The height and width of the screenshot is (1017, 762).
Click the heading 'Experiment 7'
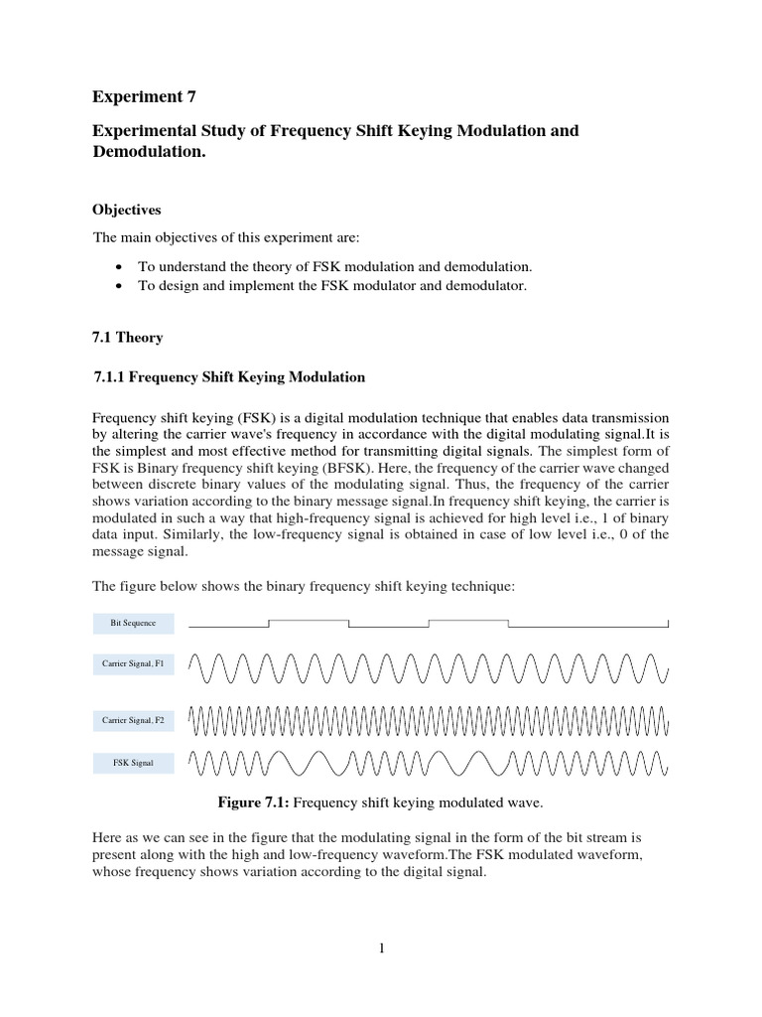pos(144,96)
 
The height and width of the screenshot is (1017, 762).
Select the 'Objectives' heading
pos(126,211)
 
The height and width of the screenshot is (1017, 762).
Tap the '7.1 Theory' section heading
pos(127,338)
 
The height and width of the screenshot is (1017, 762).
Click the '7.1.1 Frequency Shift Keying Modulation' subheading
pos(229,377)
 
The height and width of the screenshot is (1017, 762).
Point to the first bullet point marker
pos(119,268)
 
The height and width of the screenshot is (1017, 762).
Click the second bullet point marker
pos(119,287)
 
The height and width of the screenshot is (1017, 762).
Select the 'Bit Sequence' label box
pos(134,624)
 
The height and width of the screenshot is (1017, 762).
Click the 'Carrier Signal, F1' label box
pos(134,664)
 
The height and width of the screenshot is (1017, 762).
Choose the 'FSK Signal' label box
pos(134,764)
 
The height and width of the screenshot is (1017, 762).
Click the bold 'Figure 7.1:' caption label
pos(251,802)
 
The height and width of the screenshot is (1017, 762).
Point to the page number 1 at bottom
pos(381,948)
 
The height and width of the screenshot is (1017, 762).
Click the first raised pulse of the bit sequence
pos(309,621)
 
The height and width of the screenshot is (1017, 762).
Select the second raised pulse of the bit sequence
pos(468,621)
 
